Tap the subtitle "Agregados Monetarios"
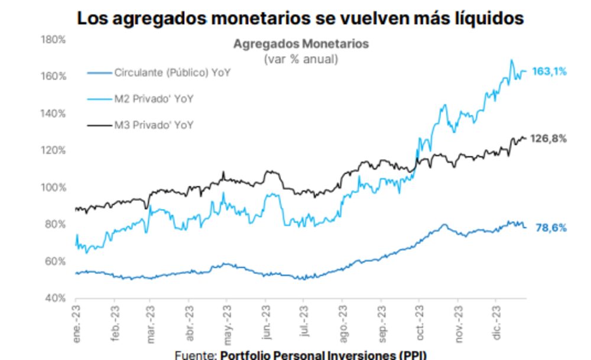(x=301, y=44)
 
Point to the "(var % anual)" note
(x=301, y=59)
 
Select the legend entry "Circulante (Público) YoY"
(x=172, y=73)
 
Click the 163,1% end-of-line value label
(x=550, y=72)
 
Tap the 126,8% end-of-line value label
(x=550, y=139)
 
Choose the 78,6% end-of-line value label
(x=551, y=228)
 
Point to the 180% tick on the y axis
(x=54, y=40)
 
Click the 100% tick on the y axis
(x=54, y=187)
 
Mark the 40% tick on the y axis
(x=56, y=298)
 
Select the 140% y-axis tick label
(x=54, y=113)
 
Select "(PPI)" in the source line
(x=411, y=355)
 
